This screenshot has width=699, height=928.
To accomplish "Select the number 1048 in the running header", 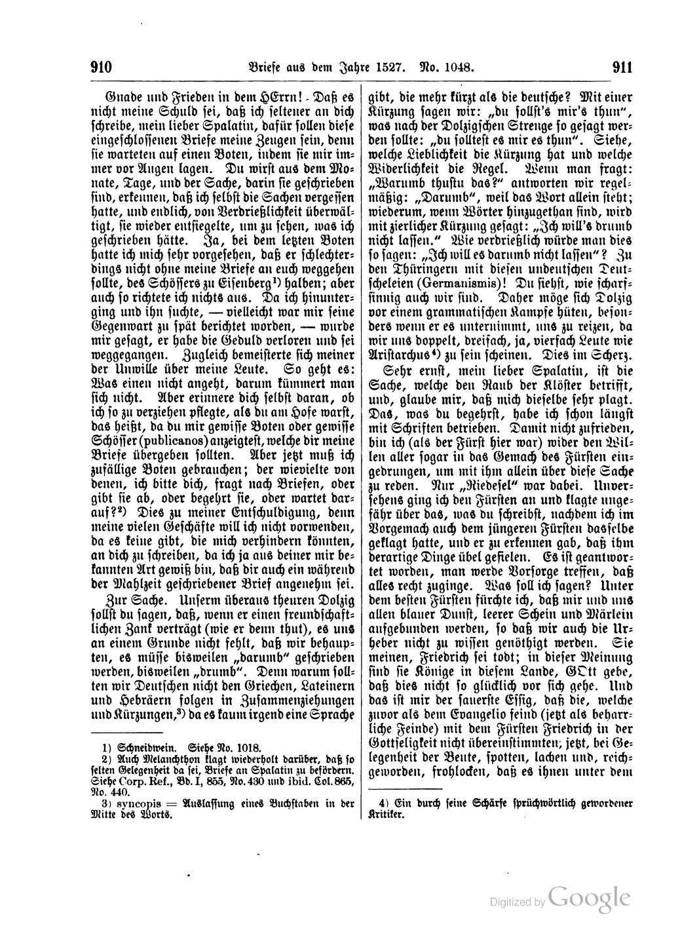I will [x=457, y=68].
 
